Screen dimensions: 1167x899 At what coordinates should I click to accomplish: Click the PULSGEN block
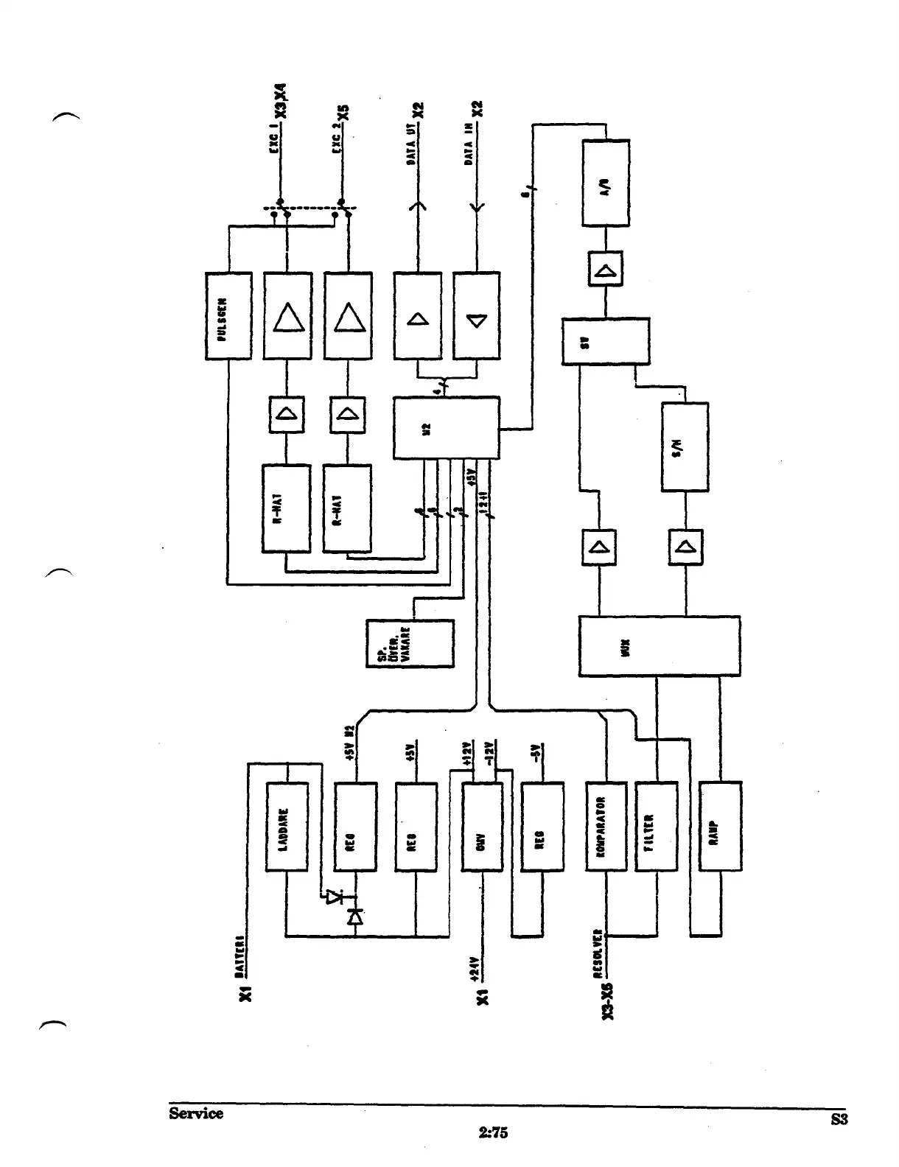pos(228,315)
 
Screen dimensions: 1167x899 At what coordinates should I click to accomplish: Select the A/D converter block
pos(606,183)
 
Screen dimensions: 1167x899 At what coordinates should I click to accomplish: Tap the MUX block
pos(659,646)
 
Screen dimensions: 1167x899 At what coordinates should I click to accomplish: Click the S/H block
pos(685,446)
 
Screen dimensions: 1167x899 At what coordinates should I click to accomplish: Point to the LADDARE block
pos(286,827)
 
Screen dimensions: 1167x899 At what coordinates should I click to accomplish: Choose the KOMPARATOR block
pos(606,827)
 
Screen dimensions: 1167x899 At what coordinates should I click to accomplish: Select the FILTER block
pos(655,827)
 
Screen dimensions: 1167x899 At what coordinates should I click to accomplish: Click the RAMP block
pos(720,827)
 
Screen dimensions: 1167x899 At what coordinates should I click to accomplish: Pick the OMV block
pos(482,827)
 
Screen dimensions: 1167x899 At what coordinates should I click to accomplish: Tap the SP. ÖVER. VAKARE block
pos(410,643)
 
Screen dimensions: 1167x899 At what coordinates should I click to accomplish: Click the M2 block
pos(446,428)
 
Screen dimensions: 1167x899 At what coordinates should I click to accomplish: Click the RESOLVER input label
pos(598,953)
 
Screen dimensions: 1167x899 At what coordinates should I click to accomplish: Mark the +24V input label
pos(475,968)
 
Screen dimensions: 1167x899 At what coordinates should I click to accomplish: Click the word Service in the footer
pos(195,1113)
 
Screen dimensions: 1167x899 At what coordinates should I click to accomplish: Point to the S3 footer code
pos(839,1120)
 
